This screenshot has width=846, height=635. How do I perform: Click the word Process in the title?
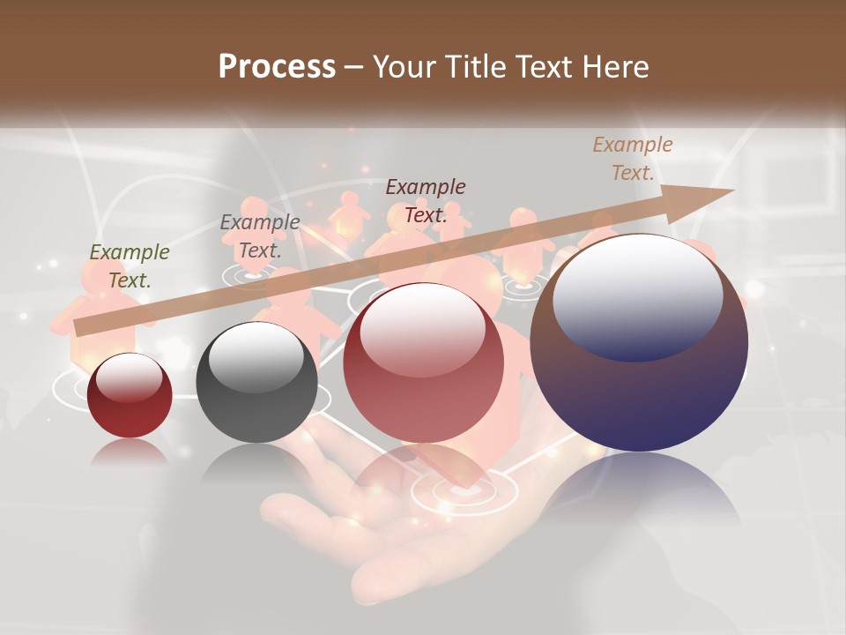pos(277,67)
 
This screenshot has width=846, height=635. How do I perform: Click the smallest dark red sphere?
pos(130,395)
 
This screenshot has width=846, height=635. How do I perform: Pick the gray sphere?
pos(256,382)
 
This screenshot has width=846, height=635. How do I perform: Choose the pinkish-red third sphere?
pos(424,363)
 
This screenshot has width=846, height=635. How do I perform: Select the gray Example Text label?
pos(260,236)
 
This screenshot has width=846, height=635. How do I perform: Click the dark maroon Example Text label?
pos(426,200)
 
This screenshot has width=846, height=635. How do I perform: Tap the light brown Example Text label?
pos(633,159)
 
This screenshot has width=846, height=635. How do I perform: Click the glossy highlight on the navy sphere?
pos(638,297)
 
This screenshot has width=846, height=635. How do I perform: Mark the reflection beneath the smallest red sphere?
pos(130,452)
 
